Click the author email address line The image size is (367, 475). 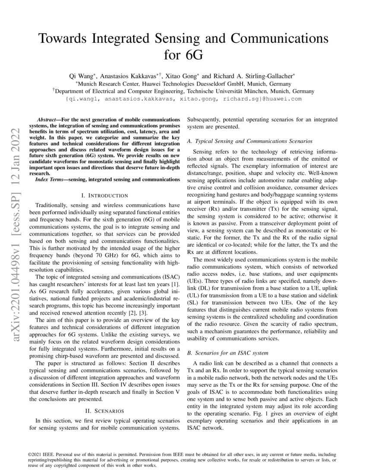[x=183, y=99]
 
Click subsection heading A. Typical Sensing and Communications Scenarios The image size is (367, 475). [x=250, y=141]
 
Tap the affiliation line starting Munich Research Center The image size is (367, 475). [x=183, y=84]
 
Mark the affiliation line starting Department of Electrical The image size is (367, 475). [x=183, y=91]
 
